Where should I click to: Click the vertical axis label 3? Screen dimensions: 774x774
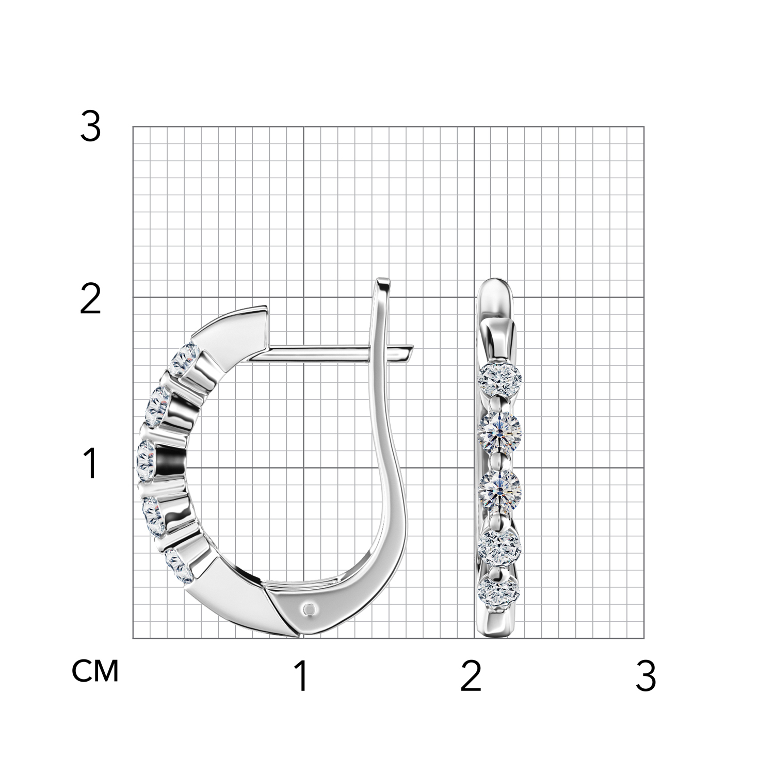point(90,127)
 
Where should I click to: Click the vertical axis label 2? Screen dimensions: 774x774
point(90,300)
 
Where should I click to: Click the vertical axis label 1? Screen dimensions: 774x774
point(91,463)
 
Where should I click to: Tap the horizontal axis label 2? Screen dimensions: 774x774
point(471,676)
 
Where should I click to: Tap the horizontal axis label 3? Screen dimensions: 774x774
point(646,676)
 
